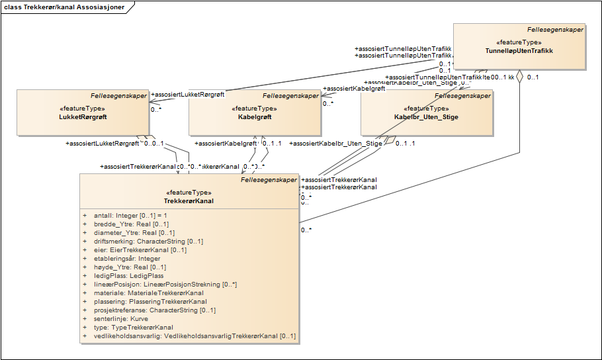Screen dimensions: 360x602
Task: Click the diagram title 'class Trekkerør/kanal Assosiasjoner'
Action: click(x=64, y=7)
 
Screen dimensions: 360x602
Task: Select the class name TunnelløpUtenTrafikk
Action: click(x=519, y=51)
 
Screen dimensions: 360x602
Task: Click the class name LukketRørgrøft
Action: click(x=83, y=117)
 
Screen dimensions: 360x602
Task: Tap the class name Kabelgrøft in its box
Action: click(x=254, y=117)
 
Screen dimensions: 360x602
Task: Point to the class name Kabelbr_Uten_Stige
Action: click(x=426, y=117)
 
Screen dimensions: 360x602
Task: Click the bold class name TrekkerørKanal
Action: click(x=189, y=201)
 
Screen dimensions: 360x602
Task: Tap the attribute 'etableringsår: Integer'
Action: click(x=125, y=258)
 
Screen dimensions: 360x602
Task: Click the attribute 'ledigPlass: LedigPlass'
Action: click(x=125, y=275)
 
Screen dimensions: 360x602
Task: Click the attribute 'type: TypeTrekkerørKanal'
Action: click(x=133, y=327)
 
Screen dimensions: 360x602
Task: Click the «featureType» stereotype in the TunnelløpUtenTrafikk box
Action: click(x=519, y=42)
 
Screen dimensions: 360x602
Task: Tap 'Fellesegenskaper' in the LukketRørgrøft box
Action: click(x=118, y=96)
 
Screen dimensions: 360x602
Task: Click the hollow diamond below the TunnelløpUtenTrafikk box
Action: click(x=520, y=77)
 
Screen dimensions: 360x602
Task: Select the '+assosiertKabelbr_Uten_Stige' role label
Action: click(x=336, y=143)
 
